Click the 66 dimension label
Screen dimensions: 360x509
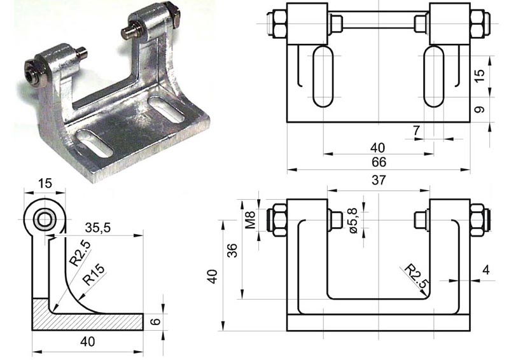tap(379, 162)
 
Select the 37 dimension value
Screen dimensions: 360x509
tap(379, 181)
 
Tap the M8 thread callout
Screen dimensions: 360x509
tap(251, 219)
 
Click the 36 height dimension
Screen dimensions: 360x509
tap(232, 251)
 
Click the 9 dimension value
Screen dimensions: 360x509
tap(480, 109)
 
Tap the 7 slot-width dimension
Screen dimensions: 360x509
tap(417, 130)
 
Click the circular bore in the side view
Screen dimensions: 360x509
tap(45, 220)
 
